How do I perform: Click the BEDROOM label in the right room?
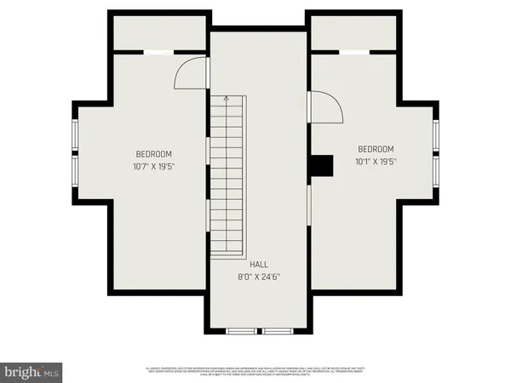[376, 148]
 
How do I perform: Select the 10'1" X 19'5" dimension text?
[376, 160]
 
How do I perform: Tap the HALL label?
[259, 265]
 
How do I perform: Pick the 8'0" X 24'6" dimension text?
[259, 277]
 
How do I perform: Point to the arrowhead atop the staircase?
[226, 99]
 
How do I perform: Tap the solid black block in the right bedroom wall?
[320, 167]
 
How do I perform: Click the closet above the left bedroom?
[159, 32]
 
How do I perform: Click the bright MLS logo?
[31, 372]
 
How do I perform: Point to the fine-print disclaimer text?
[255, 371]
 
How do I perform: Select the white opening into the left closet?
[156, 53]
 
